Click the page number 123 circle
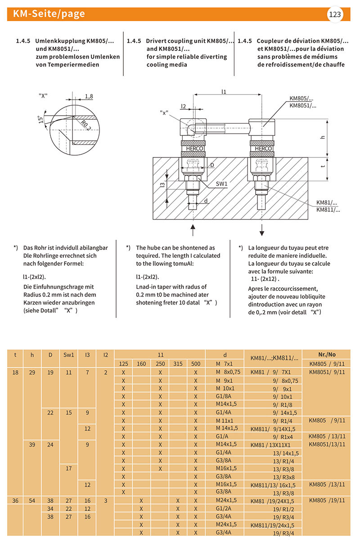click(x=335, y=14)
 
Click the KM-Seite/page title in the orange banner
click(x=49, y=14)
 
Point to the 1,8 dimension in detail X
click(x=89, y=97)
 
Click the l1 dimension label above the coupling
click(x=224, y=91)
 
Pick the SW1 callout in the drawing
click(x=222, y=184)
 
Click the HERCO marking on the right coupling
click(x=263, y=148)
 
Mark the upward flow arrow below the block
click(x=193, y=229)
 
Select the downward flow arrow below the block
click(x=261, y=229)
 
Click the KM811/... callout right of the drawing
click(x=328, y=210)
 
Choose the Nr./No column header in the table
click(x=326, y=354)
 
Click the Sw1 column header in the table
click(x=68, y=354)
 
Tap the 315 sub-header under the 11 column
click(x=178, y=363)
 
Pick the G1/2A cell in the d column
click(x=224, y=508)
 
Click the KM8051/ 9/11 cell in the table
click(x=326, y=372)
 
